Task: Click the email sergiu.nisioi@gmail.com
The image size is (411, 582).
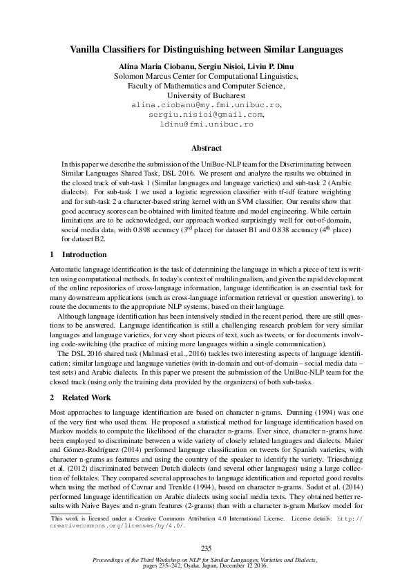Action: tap(207, 114)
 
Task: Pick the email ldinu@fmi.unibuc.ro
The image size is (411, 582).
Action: tap(207, 124)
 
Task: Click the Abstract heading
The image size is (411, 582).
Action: tap(207, 147)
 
